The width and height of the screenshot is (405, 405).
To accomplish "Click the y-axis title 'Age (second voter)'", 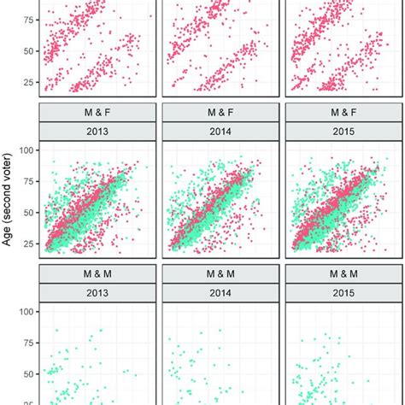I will (9, 198).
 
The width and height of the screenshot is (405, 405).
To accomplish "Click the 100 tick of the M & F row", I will (26, 150).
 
